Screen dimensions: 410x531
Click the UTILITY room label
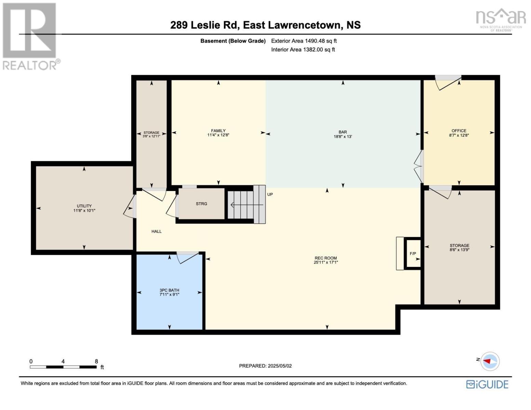tap(84, 206)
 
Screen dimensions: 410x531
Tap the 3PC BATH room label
tap(169, 290)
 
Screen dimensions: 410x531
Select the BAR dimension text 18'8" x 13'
tap(343, 137)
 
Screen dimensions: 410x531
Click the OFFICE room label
tap(459, 131)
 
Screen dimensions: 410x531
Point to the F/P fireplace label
tap(413, 254)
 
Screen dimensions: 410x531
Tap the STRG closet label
tap(201, 204)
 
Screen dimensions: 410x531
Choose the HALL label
tap(157, 231)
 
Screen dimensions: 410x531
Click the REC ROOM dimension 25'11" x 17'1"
tap(326, 262)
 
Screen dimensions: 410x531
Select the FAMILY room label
tap(218, 131)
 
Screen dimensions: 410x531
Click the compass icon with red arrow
tap(490, 361)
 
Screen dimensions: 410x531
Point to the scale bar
tap(63, 367)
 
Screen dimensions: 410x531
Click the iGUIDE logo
tap(487, 384)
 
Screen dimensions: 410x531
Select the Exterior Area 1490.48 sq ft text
tap(304, 41)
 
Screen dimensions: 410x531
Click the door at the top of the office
tap(448, 83)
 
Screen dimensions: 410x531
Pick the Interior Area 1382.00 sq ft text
tap(303, 50)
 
